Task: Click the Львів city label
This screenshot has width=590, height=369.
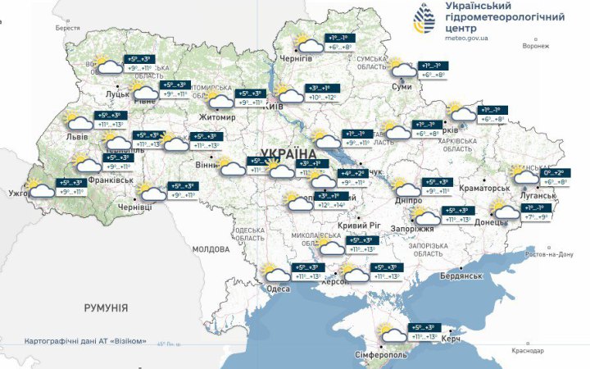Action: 79,136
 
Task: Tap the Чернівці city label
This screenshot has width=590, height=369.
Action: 134,207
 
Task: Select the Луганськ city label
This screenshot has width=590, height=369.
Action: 538,196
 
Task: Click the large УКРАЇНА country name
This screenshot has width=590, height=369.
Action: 291,153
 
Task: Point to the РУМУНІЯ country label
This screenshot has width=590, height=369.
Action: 106,307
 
